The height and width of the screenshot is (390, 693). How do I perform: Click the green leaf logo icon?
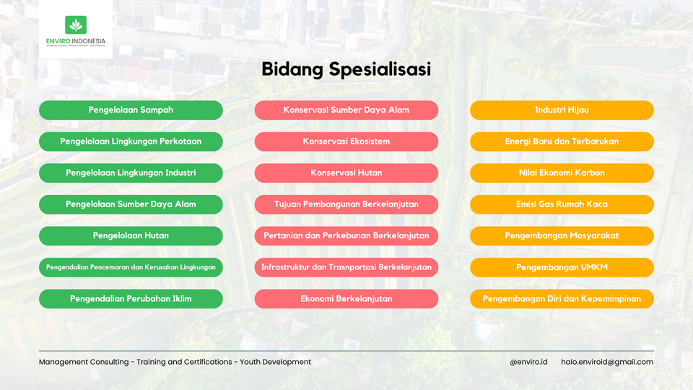(x=76, y=25)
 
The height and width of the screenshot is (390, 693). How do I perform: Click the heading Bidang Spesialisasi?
(x=346, y=69)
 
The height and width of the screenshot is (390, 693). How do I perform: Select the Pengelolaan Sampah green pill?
(x=131, y=110)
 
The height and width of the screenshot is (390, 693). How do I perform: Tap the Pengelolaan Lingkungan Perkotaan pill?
(x=131, y=142)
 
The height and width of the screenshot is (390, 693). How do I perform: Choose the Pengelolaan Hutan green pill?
(x=131, y=235)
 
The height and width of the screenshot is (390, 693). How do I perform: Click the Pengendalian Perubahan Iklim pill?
(x=131, y=298)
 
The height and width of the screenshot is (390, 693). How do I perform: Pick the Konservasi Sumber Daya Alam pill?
(x=346, y=110)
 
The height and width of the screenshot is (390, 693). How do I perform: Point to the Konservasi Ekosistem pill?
(x=346, y=142)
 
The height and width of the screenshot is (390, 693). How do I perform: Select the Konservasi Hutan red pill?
(x=346, y=173)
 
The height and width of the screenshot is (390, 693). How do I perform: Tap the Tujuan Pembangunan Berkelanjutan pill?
(x=346, y=204)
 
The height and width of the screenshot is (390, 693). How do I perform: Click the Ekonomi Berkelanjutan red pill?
(x=346, y=298)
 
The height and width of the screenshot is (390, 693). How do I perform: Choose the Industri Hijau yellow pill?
(x=562, y=110)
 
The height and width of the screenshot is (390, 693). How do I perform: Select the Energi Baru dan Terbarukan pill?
(x=562, y=142)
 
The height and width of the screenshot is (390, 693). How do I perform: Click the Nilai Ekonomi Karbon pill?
(x=562, y=173)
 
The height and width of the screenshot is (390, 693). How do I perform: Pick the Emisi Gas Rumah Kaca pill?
(x=562, y=204)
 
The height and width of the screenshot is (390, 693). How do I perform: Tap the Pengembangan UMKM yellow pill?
(x=562, y=267)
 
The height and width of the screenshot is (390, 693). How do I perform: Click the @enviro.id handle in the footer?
(x=528, y=362)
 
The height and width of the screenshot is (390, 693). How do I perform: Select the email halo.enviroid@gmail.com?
(x=607, y=362)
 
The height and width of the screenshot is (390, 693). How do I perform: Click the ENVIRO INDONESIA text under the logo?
(x=76, y=41)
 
